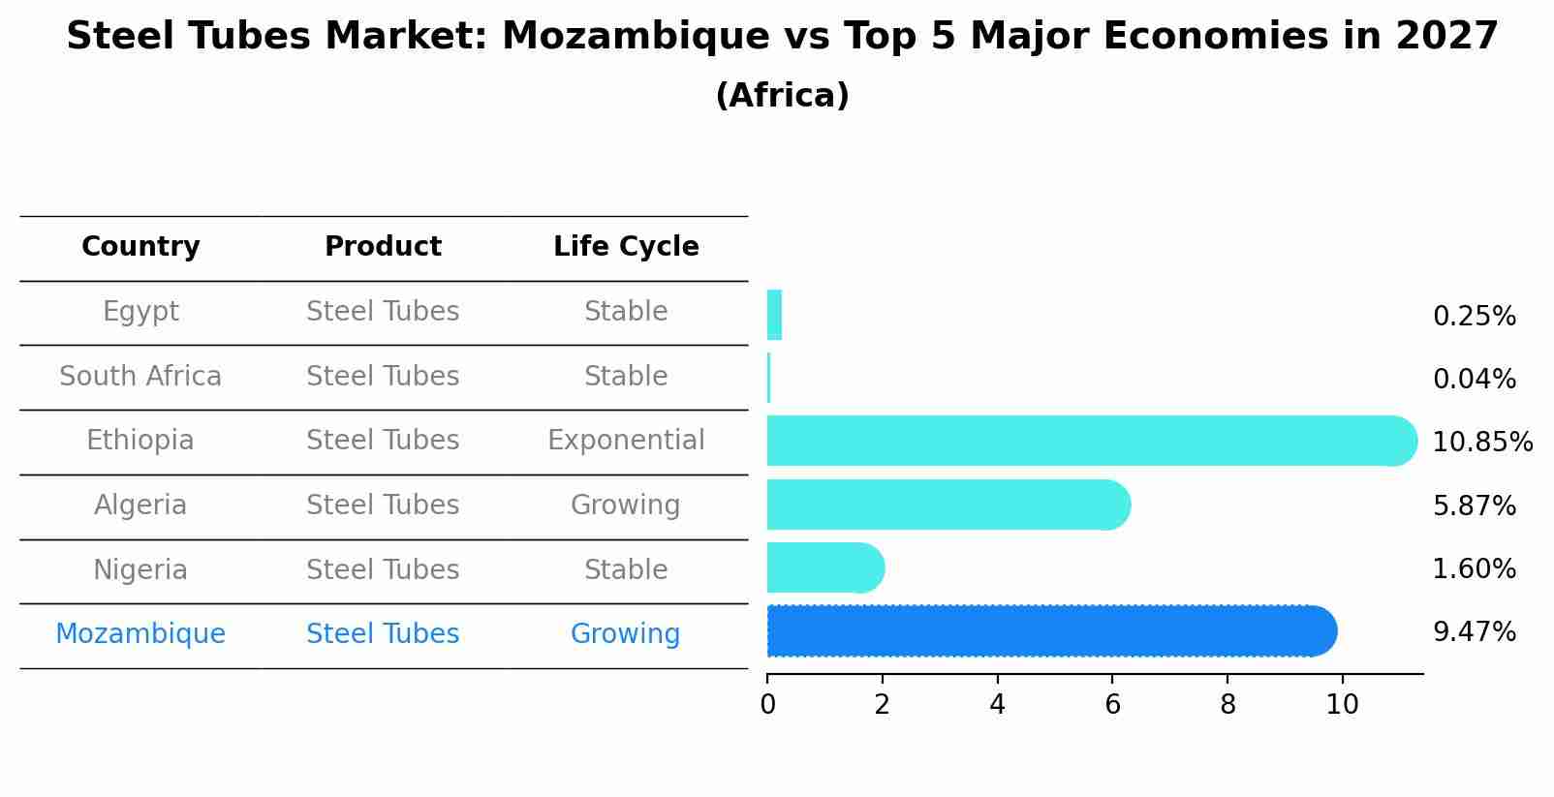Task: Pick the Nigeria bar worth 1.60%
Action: tap(824, 567)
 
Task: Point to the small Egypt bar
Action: tap(774, 315)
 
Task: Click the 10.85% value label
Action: tap(1482, 443)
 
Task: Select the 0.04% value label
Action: tap(1474, 380)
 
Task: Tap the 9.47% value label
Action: tap(1474, 632)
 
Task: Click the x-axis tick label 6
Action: tap(1112, 705)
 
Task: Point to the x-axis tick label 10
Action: tap(1342, 705)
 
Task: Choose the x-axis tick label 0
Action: tap(767, 705)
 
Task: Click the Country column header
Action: tap(140, 247)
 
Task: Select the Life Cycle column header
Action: tap(626, 247)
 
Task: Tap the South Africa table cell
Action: tap(140, 377)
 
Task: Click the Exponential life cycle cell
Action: tap(626, 441)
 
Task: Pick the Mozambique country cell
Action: tap(140, 634)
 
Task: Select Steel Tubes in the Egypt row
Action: tap(383, 312)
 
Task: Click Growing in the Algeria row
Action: tap(626, 506)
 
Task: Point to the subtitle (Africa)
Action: tap(782, 96)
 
